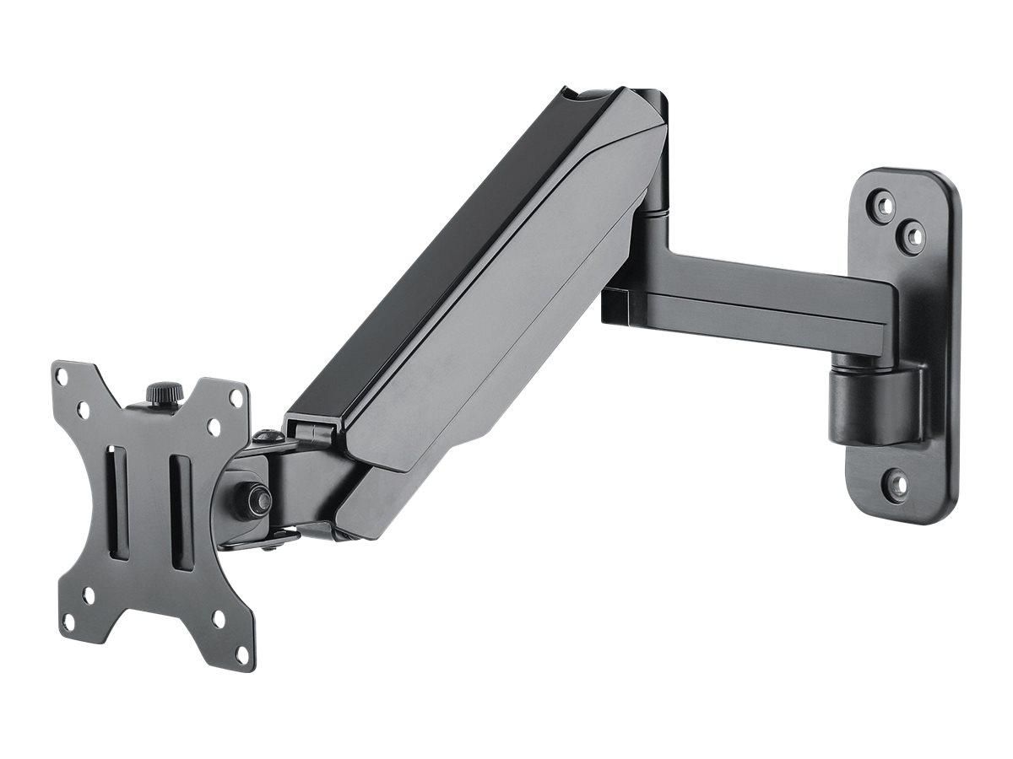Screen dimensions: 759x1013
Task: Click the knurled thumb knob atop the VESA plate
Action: coord(165,393)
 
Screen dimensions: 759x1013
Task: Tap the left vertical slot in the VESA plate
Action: coord(119,501)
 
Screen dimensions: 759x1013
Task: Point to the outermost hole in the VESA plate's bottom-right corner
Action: coord(243,654)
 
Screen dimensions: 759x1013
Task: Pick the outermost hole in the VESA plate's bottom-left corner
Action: coord(68,623)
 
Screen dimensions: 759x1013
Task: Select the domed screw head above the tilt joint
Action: coord(269,437)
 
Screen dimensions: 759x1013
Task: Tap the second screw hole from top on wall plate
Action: coord(913,236)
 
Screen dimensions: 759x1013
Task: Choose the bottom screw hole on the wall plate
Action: coord(896,484)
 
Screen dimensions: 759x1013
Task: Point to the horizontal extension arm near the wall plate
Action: coord(760,299)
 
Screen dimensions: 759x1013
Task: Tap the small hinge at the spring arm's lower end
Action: coord(312,430)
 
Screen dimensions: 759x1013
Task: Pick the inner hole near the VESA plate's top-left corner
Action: coord(84,411)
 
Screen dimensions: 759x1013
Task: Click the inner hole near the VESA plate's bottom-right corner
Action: coord(218,620)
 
